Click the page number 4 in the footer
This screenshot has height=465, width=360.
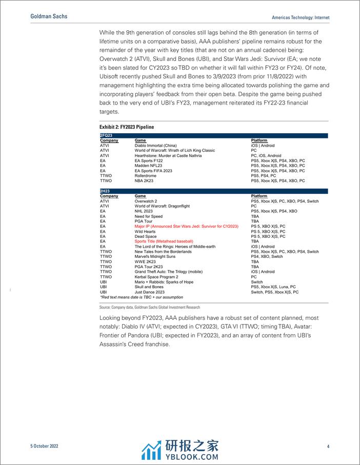pyautogui.click(x=328, y=446)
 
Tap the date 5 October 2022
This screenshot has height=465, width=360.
pyautogui.click(x=44, y=446)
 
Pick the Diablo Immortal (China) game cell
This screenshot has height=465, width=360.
pyautogui.click(x=156, y=146)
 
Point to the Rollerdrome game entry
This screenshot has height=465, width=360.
pyautogui.click(x=146, y=176)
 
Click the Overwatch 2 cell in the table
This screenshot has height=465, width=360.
pyautogui.click(x=146, y=201)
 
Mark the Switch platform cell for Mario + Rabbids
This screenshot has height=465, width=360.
pyautogui.click(x=257, y=282)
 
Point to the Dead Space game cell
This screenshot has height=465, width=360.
pyautogui.click(x=146, y=236)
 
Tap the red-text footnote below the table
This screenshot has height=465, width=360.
pyautogui.click(x=141, y=297)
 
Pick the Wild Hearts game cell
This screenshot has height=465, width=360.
pyautogui.click(x=146, y=231)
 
